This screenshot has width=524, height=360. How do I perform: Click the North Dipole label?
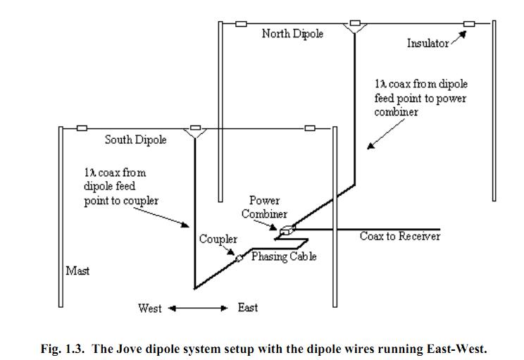pos(292,34)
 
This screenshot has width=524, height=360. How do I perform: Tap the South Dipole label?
pos(136,139)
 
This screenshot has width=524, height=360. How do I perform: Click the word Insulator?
pos(428,44)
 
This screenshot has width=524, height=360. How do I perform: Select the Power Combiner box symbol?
pos(286,230)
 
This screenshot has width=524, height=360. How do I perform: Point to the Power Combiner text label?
pos(265,207)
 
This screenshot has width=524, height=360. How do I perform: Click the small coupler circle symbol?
pos(239,259)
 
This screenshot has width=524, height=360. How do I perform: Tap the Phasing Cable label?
pos(284,256)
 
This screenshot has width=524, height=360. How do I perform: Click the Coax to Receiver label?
pos(399,236)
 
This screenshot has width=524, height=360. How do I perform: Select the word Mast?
pos(77,271)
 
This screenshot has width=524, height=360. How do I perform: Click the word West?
pos(149,308)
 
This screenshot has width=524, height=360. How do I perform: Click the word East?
pos(247,308)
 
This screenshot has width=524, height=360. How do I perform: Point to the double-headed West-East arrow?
pos(198,308)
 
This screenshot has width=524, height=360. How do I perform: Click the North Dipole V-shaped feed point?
pos(354,27)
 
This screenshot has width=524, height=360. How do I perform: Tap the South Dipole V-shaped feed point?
pos(193,132)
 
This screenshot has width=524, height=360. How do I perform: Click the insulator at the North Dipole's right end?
pos(468,24)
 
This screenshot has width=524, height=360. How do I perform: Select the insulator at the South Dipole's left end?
pos(82,128)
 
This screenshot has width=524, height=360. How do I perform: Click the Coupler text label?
pos(218,240)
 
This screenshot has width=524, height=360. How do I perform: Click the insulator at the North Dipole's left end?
pos(241,24)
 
